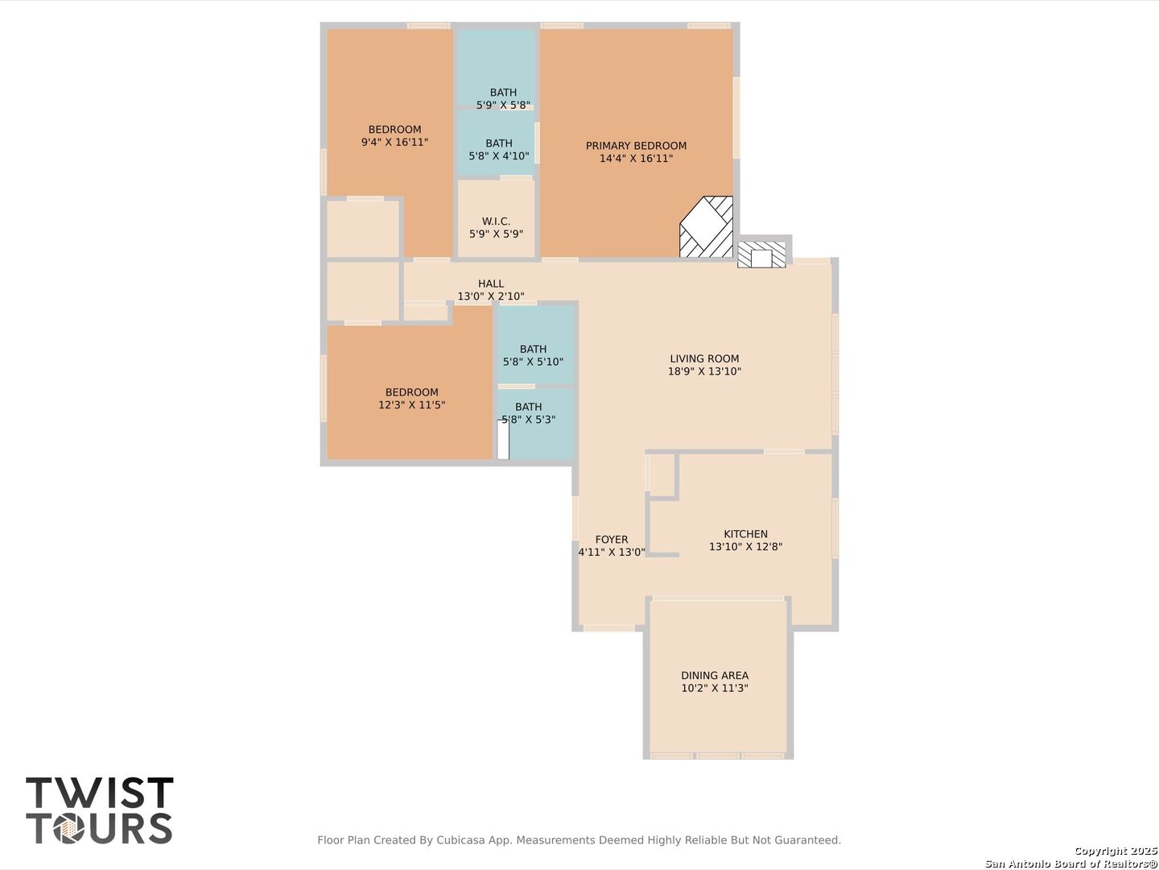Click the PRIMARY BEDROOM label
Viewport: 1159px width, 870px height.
pos(636,146)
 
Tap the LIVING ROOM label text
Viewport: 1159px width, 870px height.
pos(704,358)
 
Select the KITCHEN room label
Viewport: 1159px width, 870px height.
pos(745,534)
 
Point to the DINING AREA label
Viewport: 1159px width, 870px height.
pos(715,676)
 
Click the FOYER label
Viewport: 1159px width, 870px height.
pos(612,540)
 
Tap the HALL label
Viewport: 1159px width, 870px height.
pos(491,284)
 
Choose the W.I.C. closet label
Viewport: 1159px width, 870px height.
pos(496,222)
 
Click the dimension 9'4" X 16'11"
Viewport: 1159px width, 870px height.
pos(394,142)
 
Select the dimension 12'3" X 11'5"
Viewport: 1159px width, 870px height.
pos(412,405)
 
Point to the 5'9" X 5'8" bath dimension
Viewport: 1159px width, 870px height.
pos(503,105)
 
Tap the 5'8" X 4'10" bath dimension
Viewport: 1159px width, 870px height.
pos(499,155)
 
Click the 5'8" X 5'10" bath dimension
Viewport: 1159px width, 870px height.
pos(533,362)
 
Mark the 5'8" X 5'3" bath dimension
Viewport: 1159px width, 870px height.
pos(529,420)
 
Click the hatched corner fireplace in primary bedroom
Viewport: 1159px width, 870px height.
pos(707,227)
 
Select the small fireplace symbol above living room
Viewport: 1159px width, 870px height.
pos(761,255)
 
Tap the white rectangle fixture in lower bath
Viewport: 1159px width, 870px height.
pos(503,440)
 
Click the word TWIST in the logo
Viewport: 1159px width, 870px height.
pos(99,793)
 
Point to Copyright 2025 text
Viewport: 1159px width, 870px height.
pos(1116,851)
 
